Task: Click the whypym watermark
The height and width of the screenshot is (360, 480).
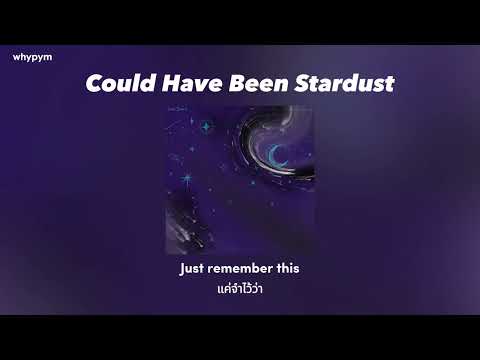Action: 32,57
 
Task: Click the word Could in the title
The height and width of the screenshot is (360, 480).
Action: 117,83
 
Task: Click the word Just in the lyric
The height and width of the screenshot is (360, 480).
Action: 192,269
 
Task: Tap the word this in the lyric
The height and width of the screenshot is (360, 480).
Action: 287,269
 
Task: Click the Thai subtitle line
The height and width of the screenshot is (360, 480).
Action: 239,288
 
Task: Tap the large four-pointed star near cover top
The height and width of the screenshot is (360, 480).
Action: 207,128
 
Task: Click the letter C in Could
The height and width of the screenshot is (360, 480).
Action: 94,83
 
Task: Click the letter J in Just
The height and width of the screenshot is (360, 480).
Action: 183,269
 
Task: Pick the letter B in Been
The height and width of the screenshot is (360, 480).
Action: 231,83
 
